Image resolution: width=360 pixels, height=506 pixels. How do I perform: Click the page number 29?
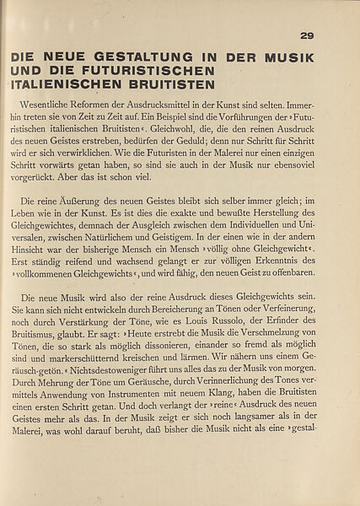point(306,35)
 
